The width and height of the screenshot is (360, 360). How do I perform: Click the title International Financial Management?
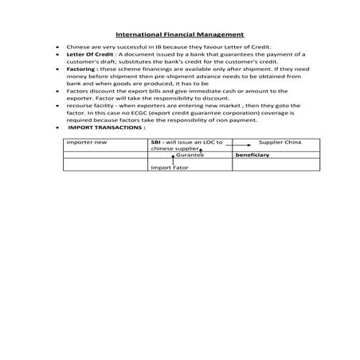[179, 34]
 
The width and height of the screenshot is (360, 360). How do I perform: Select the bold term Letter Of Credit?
[86, 55]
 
